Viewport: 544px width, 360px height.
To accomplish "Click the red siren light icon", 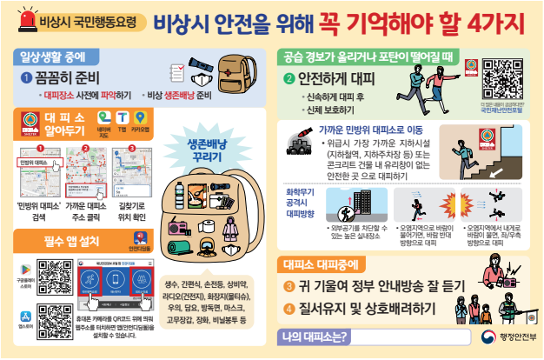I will point(24,16).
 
